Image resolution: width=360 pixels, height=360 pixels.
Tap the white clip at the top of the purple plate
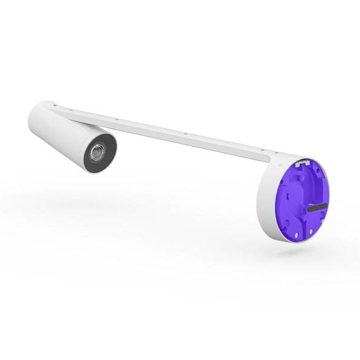pyautogui.click(x=304, y=163)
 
